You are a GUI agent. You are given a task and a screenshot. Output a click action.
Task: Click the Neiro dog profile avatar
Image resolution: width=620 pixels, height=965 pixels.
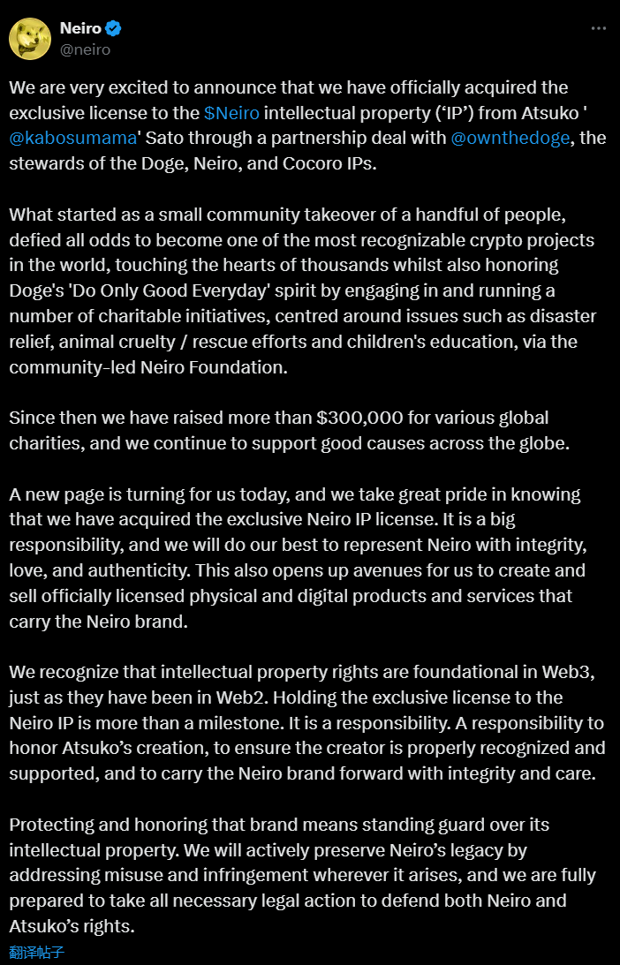pos(29,39)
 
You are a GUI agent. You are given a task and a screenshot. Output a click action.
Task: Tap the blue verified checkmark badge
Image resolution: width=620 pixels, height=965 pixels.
pos(114,28)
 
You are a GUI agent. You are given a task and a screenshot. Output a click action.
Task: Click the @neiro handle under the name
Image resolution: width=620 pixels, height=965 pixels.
pos(85,49)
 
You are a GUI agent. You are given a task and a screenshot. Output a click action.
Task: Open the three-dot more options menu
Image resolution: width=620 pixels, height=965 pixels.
pos(598,28)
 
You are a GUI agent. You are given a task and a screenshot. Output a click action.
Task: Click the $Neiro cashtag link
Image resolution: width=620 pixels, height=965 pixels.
pos(231,113)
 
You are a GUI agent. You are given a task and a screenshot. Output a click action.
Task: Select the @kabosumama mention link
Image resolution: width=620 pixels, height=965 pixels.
pos(73,139)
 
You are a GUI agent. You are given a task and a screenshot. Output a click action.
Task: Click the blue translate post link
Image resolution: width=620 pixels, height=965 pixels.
pos(37,952)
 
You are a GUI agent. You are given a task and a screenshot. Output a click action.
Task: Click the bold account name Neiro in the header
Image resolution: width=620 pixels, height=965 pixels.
pos(80,28)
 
